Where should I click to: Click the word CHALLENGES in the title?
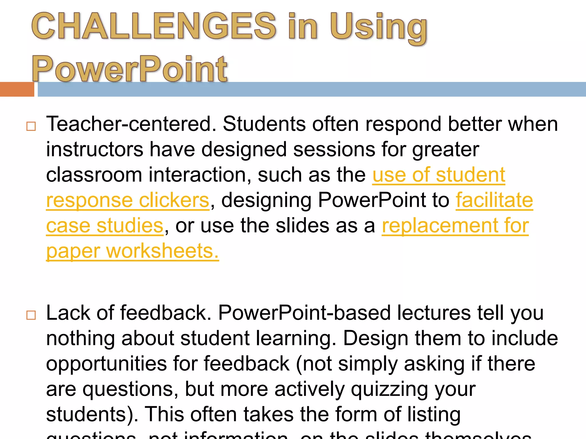[x=154, y=26]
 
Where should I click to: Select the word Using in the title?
[x=378, y=27]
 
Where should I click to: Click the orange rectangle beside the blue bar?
[x=17, y=89]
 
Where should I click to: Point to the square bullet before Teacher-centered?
[x=31, y=126]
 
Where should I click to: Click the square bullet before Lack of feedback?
[x=31, y=315]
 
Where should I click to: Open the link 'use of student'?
[x=439, y=175]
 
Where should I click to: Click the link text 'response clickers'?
[x=128, y=200]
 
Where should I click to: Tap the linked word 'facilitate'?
[x=494, y=200]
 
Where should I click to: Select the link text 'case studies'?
[x=105, y=226]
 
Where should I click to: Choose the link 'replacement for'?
[x=455, y=226]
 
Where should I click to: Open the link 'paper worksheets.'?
[x=132, y=251]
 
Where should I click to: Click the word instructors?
[x=94, y=149]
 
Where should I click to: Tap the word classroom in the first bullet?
[x=94, y=175]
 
